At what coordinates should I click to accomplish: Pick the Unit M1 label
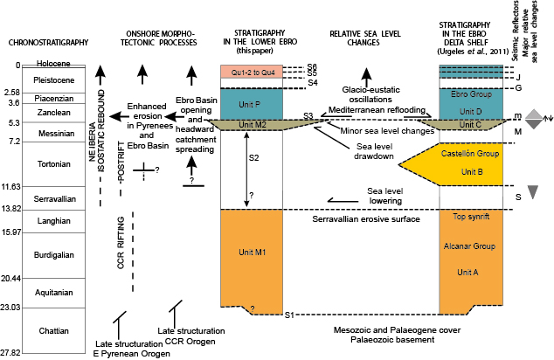point(253,253)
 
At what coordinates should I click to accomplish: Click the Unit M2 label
point(253,125)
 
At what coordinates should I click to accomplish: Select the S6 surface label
point(312,66)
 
